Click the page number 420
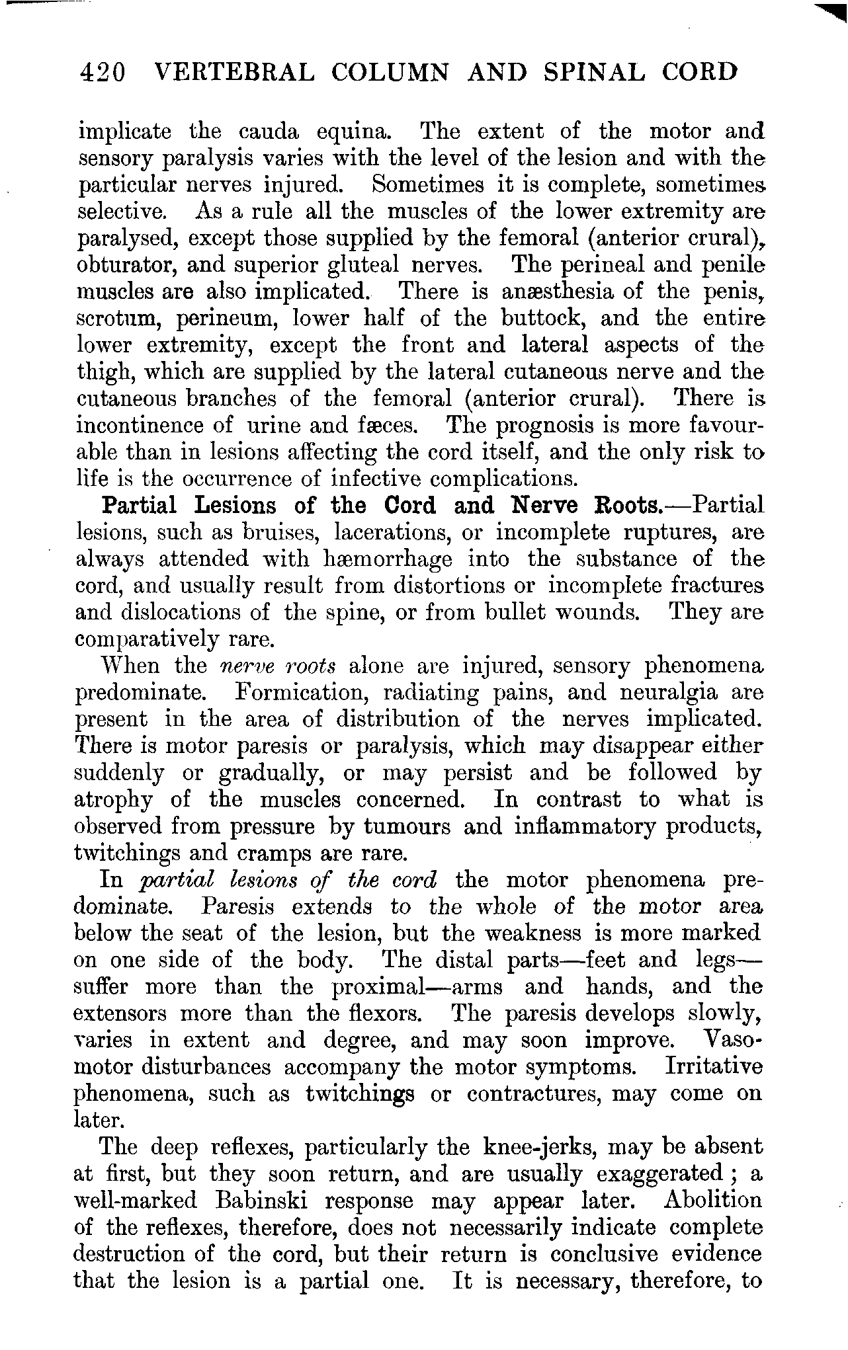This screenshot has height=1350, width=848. tap(101, 72)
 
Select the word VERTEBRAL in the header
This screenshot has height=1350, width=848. tap(233, 72)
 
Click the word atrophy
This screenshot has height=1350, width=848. tap(113, 800)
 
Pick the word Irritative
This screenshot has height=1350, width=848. tap(714, 1067)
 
